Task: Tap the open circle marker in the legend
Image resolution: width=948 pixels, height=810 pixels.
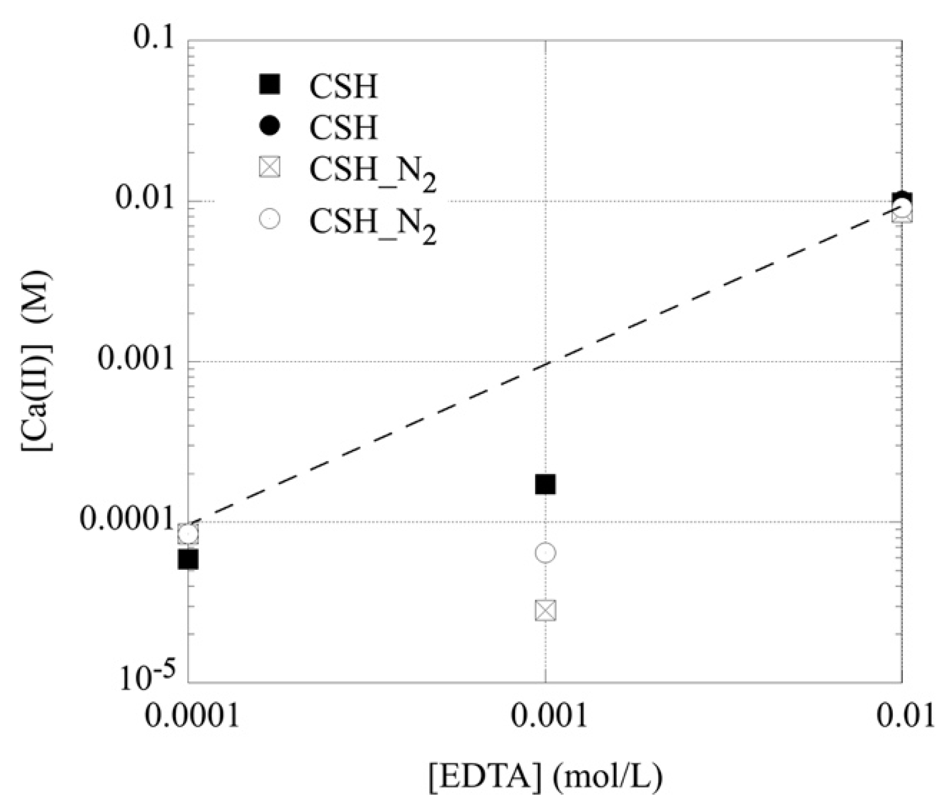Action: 270,218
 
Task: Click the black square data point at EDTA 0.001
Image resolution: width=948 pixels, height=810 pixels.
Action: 545,484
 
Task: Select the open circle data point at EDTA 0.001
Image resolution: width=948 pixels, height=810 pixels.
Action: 545,553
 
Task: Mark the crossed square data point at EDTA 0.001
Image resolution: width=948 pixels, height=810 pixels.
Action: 545,611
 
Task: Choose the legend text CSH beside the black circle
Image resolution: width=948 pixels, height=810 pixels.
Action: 344,127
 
